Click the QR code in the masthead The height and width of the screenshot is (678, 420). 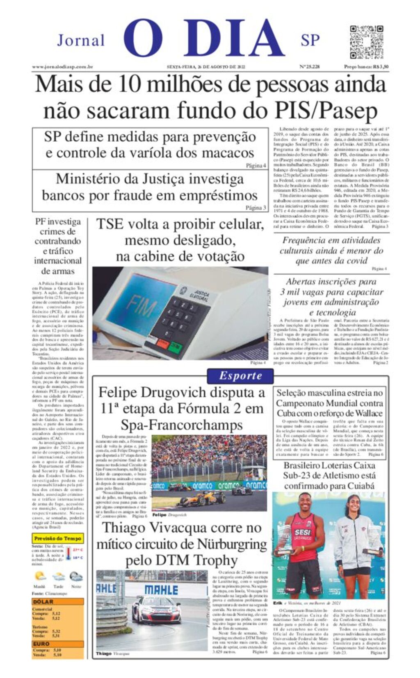[x=366, y=42]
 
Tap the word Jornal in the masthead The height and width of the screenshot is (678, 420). [x=81, y=41]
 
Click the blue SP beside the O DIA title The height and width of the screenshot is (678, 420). [x=310, y=40]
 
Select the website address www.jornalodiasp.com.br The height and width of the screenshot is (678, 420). [x=62, y=67]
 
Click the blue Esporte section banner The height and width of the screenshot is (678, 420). [x=240, y=375]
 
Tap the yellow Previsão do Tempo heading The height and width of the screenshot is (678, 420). [x=58, y=538]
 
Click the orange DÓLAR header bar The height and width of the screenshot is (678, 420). [x=58, y=601]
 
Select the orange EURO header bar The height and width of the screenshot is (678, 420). [x=58, y=644]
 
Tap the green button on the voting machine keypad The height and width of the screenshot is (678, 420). [x=176, y=348]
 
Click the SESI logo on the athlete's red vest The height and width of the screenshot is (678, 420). [x=303, y=533]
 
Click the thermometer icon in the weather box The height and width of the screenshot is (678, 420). [x=68, y=553]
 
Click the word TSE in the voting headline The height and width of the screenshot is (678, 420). [x=110, y=224]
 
